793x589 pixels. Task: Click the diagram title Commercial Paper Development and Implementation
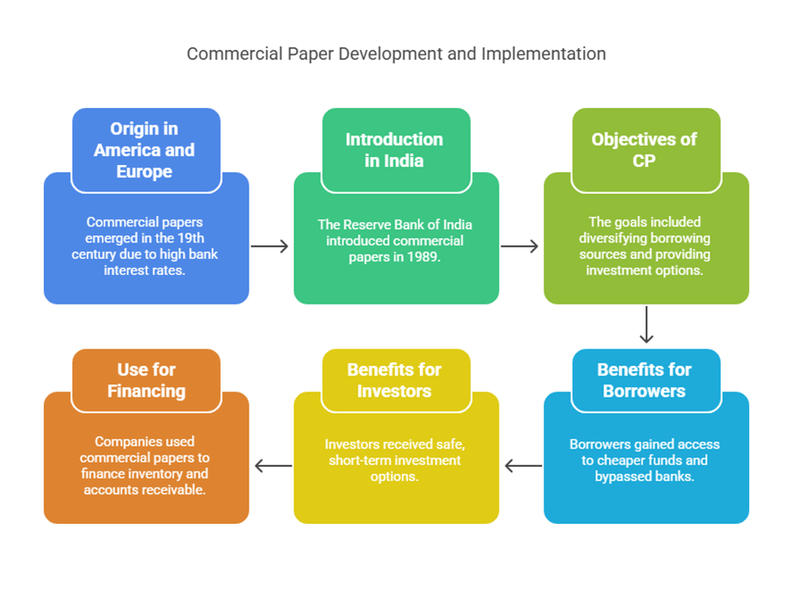pyautogui.click(x=396, y=54)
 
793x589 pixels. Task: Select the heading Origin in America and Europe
pyautogui.click(x=145, y=150)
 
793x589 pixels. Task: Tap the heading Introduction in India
pyautogui.click(x=394, y=150)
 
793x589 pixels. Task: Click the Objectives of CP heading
pyautogui.click(x=644, y=150)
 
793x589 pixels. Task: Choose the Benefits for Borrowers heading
pyautogui.click(x=644, y=380)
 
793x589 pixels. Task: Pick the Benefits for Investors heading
pyautogui.click(x=394, y=380)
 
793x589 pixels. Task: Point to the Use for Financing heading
pyautogui.click(x=147, y=380)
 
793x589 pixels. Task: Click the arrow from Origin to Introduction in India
pyautogui.click(x=270, y=246)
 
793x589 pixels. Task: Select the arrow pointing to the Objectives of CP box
pyautogui.click(x=519, y=246)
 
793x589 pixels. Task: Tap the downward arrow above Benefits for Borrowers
pyautogui.click(x=646, y=325)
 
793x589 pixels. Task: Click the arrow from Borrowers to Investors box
pyautogui.click(x=523, y=465)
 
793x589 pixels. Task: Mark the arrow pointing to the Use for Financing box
pyautogui.click(x=274, y=465)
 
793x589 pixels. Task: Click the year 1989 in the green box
pyautogui.click(x=422, y=257)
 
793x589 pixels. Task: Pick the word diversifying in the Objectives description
pyautogui.click(x=610, y=238)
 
